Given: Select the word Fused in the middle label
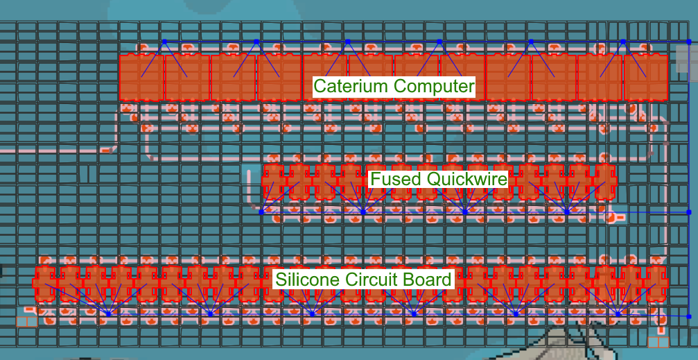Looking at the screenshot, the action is click(396, 179).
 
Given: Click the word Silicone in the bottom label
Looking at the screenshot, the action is click(305, 280).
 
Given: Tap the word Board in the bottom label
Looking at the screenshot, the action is click(428, 280).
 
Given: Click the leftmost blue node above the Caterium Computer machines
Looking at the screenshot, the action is click(164, 42).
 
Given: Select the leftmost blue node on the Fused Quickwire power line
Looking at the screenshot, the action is click(261, 212).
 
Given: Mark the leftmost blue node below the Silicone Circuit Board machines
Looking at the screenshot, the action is click(108, 314).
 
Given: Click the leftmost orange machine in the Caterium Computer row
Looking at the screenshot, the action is click(141, 78).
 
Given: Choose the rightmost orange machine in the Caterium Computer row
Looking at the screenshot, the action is click(645, 78).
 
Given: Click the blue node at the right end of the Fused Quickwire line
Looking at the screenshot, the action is click(688, 212).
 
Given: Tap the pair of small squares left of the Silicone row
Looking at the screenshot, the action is click(26, 320).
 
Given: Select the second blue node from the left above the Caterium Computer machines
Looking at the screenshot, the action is click(256, 42).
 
